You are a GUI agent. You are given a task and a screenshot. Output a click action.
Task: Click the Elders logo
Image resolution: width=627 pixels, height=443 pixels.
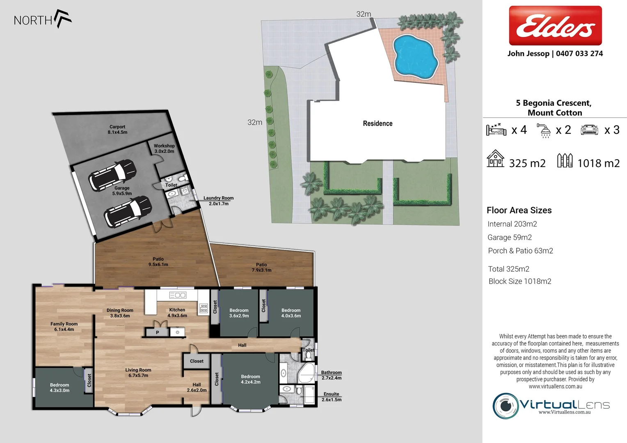pyautogui.click(x=555, y=25)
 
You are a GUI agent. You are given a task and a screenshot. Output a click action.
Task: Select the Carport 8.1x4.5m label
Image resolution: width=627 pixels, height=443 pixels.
pyautogui.click(x=117, y=130)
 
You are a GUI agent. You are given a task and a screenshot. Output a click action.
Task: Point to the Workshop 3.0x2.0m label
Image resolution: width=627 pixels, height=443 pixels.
pyautogui.click(x=164, y=148)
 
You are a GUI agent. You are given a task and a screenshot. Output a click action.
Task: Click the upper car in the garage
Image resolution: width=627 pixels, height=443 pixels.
pyautogui.click(x=112, y=174)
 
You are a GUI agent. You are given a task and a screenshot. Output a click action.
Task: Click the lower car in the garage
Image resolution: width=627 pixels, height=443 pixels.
pyautogui.click(x=128, y=211)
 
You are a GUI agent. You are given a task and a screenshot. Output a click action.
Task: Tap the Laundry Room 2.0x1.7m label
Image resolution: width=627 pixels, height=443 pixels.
pyautogui.click(x=218, y=201)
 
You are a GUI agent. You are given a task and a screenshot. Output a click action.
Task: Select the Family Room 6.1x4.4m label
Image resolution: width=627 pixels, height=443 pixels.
pyautogui.click(x=64, y=327)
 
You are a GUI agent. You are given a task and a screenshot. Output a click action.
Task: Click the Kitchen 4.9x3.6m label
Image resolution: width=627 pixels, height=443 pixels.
pyautogui.click(x=177, y=313)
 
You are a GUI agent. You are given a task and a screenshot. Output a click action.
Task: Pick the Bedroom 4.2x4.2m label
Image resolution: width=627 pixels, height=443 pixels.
pyautogui.click(x=250, y=379)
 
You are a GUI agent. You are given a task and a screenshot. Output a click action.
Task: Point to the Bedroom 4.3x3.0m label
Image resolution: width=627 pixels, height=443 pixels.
pyautogui.click(x=59, y=388)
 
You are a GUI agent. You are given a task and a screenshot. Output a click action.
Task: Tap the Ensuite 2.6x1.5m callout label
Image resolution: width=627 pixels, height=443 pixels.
pyautogui.click(x=331, y=397)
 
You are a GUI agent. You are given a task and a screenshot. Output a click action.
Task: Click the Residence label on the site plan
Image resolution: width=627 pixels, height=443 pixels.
pyautogui.click(x=378, y=123)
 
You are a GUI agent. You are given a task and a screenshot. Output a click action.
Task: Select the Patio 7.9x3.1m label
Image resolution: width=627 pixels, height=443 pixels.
pyautogui.click(x=261, y=267)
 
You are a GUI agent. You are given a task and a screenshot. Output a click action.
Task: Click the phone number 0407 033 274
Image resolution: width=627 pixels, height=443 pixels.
pyautogui.click(x=579, y=54)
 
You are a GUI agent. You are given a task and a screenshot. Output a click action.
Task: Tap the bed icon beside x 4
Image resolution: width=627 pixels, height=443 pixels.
pyautogui.click(x=496, y=130)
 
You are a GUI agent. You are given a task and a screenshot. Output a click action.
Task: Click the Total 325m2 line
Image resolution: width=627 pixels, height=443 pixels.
pyautogui.click(x=508, y=269)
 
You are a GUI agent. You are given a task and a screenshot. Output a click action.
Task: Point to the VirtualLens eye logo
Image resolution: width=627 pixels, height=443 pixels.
pyautogui.click(x=506, y=406)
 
